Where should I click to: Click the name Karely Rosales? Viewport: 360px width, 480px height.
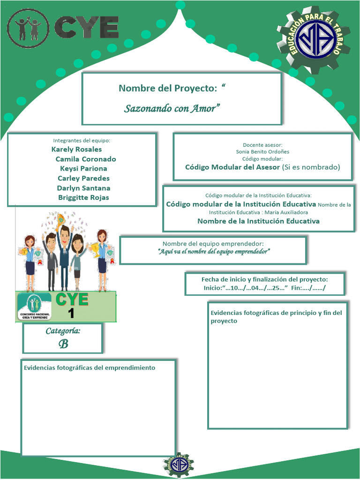coord(76,150)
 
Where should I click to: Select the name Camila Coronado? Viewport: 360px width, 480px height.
coord(86,159)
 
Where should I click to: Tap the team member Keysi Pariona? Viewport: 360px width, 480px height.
coord(83,169)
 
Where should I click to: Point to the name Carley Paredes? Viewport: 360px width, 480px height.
coord(83,179)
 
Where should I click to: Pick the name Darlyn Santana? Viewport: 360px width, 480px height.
coord(83,188)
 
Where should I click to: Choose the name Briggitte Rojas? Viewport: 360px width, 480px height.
coord(83,198)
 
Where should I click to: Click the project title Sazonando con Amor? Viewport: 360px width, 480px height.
coord(172,109)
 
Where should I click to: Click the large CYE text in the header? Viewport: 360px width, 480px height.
coord(86,27)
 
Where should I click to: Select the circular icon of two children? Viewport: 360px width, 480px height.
coord(28,28)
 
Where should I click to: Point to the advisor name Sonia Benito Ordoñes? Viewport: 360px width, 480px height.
coord(262,152)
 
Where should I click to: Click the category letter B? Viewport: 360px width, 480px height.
coord(63,344)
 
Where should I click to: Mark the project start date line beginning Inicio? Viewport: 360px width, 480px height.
coord(245,288)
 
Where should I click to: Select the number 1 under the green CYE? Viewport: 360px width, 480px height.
coord(71,313)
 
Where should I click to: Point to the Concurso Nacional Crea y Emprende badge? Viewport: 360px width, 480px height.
coord(34,307)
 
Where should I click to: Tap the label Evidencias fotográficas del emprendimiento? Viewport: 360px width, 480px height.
coord(89,368)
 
